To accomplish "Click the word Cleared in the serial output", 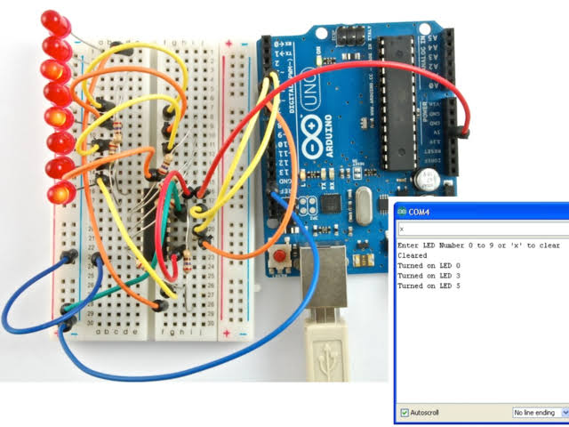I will pos(413,254).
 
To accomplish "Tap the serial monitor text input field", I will pos(480,228).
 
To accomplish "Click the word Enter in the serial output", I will pos(407,245).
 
